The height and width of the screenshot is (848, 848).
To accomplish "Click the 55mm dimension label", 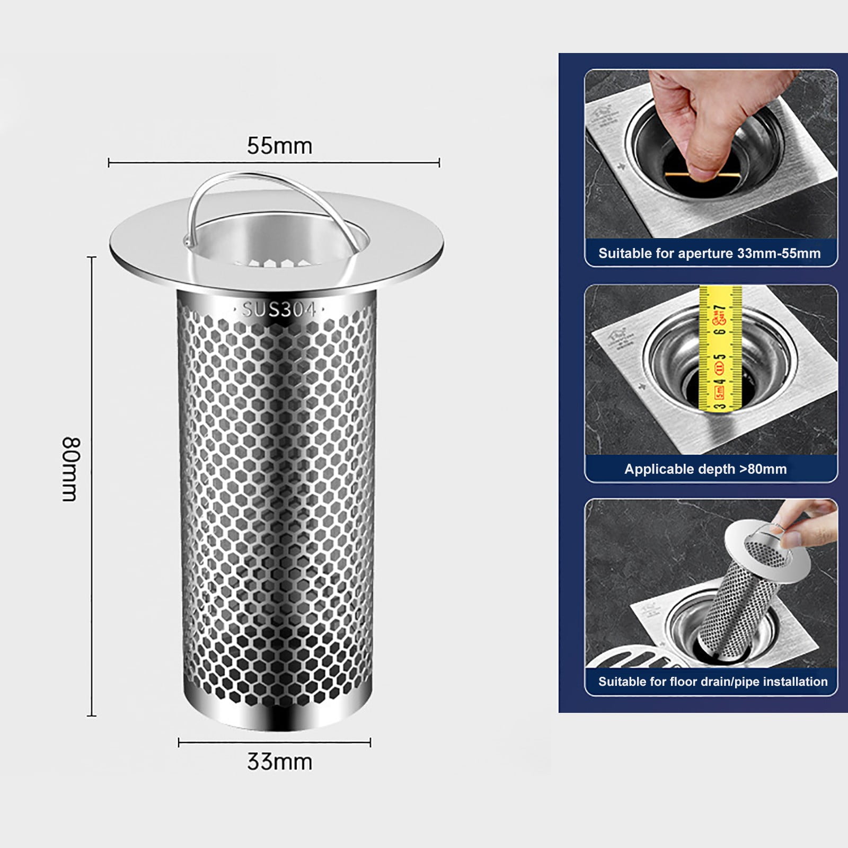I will pos(279,146).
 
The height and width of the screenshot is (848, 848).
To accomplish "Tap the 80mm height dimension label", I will pos(70,469).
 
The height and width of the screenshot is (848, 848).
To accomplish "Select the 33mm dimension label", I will pos(279,762).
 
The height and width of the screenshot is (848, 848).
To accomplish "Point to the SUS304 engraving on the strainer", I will pos(279,310).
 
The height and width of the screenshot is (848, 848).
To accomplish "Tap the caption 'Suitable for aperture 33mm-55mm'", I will pos(709,253).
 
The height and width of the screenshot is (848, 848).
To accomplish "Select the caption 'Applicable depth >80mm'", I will pos(705,469).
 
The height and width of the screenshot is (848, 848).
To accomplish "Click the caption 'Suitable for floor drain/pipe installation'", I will pos(713,682).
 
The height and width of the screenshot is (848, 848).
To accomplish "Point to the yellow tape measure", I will pos(719,350).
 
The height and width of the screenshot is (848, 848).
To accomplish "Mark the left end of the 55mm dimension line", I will pos(109,163).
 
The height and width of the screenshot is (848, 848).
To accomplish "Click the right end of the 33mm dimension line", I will pos(370,743).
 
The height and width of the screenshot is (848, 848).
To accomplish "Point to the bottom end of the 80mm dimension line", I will pos(92,715).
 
